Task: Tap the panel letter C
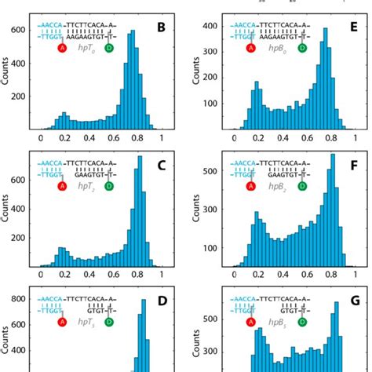pyautogui.click(x=161, y=166)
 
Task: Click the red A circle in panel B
pyautogui.click(x=64, y=49)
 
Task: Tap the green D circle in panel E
pyautogui.click(x=297, y=49)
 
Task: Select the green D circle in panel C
pyautogui.click(x=108, y=186)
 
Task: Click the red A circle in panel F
pyautogui.click(x=251, y=186)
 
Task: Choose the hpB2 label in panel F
pyautogui.click(x=274, y=186)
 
